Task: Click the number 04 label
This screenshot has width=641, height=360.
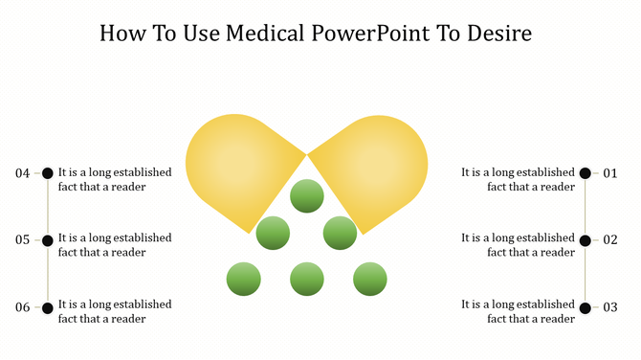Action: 23,173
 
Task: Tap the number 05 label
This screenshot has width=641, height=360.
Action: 23,240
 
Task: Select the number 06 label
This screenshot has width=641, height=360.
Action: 23,307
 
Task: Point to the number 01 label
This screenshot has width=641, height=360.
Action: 610,173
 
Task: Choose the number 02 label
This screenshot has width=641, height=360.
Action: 610,240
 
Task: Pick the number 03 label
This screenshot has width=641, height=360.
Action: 610,307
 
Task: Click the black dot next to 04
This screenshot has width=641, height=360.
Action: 48,173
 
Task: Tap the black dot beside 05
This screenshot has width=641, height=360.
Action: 48,240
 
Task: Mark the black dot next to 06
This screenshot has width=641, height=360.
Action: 48,307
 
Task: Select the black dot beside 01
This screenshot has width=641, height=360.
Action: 586,173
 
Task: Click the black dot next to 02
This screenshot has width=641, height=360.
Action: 586,240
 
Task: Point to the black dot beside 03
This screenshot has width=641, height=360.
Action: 586,307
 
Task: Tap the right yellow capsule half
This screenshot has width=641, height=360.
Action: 378,163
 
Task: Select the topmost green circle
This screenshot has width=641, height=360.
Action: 306,195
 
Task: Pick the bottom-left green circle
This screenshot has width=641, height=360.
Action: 244,280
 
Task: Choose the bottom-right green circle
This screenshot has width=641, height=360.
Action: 369,280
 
